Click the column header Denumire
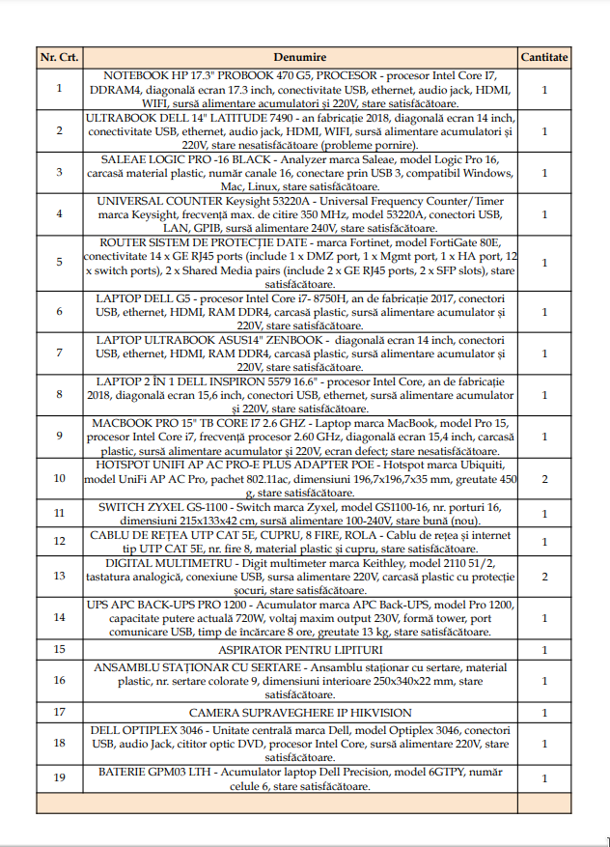(299, 57)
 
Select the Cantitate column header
(544, 57)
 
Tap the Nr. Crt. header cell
(60, 57)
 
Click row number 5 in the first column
(60, 262)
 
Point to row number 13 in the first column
(60, 576)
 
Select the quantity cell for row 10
(544, 478)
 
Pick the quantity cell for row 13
(544, 576)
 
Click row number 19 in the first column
(60, 778)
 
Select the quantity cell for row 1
(544, 89)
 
